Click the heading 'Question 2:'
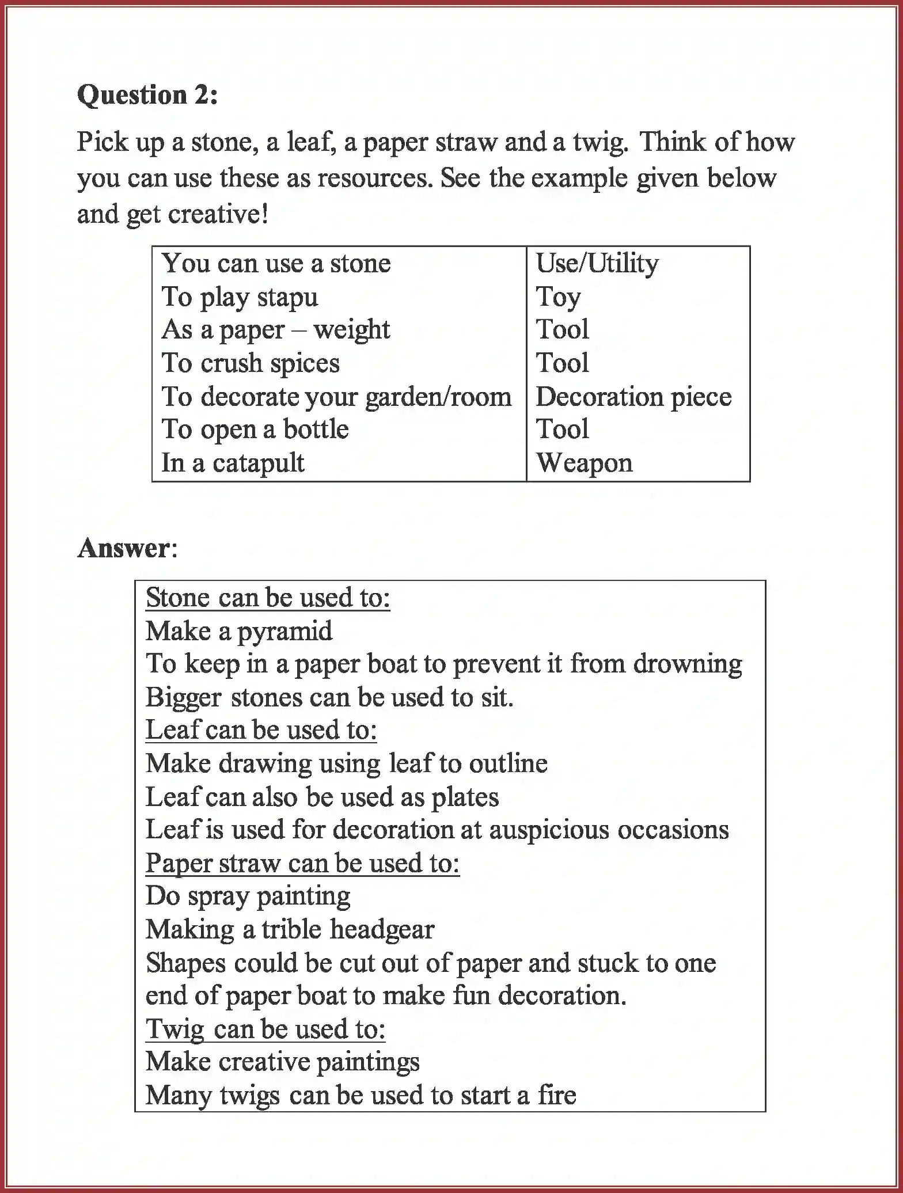click(x=147, y=95)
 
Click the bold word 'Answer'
click(x=124, y=548)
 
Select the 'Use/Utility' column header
click(x=597, y=263)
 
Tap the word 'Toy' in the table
click(x=558, y=297)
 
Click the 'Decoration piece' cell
click(x=633, y=397)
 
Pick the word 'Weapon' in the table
click(x=585, y=463)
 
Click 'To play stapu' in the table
click(x=240, y=297)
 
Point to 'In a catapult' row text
click(x=233, y=463)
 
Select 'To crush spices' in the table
click(x=251, y=363)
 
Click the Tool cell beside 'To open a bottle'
click(x=562, y=430)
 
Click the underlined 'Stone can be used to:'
click(x=268, y=598)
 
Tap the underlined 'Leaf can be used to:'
click(x=261, y=730)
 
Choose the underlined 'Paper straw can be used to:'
click(x=302, y=863)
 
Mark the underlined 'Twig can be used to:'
click(x=265, y=1029)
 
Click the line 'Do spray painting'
click(x=248, y=896)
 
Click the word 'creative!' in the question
click(x=218, y=214)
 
